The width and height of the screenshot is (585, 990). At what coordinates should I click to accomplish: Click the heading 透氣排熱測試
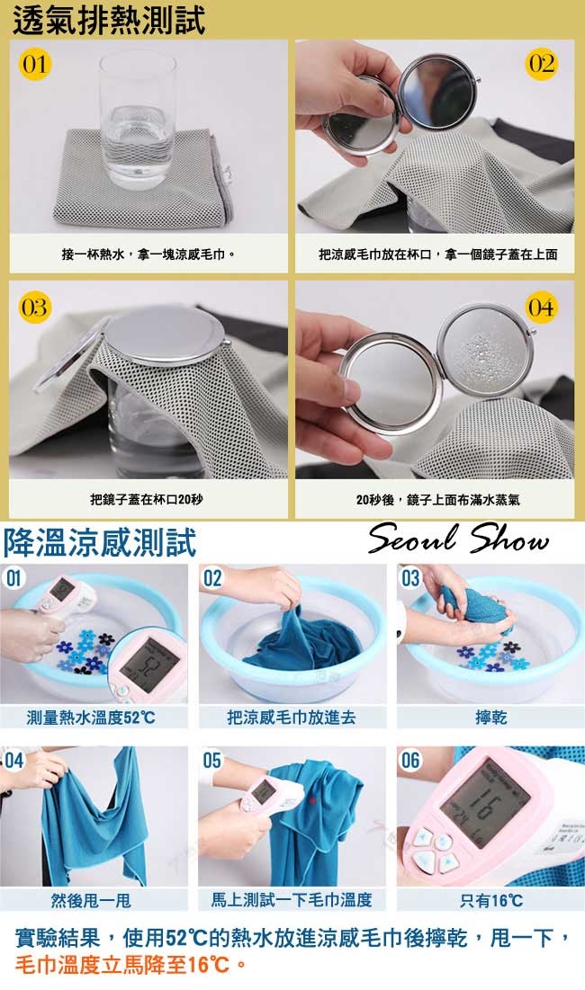click(109, 20)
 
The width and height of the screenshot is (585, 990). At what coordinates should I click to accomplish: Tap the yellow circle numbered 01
click(35, 65)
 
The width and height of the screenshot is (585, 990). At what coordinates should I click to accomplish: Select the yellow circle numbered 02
click(542, 65)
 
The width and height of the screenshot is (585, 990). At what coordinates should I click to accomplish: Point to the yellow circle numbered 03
click(34, 308)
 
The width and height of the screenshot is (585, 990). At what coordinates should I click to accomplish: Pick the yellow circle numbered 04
click(542, 308)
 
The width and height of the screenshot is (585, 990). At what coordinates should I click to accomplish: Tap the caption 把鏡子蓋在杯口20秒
click(147, 499)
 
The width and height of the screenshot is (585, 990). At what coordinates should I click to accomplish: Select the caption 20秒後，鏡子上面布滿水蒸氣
click(437, 499)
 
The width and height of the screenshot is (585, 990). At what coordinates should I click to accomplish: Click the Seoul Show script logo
click(459, 539)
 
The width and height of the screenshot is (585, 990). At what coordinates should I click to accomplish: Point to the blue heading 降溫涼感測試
click(100, 542)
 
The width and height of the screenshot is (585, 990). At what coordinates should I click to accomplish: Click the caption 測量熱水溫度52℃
click(91, 718)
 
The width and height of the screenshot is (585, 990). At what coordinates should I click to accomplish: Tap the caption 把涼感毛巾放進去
click(292, 718)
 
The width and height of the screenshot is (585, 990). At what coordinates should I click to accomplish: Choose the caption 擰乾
click(490, 718)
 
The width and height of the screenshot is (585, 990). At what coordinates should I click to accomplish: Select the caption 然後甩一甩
click(91, 900)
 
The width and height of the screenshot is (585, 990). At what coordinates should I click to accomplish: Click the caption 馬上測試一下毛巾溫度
click(292, 900)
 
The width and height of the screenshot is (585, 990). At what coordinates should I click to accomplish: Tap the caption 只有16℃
click(490, 900)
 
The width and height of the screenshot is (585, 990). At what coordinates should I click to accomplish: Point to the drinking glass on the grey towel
click(137, 120)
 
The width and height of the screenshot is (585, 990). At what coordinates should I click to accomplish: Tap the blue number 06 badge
click(410, 760)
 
